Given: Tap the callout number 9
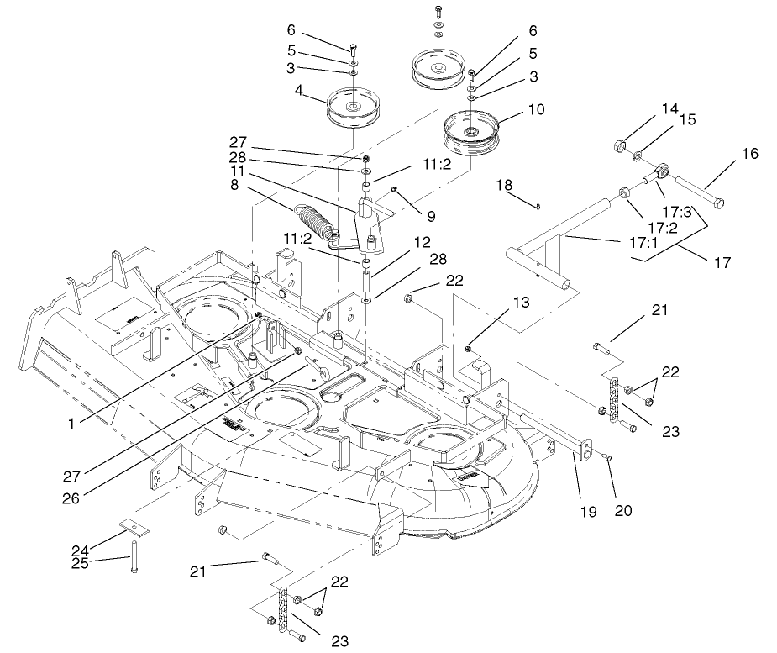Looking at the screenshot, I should pos(430,215).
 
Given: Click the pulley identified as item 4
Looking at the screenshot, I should pos(351,108).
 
